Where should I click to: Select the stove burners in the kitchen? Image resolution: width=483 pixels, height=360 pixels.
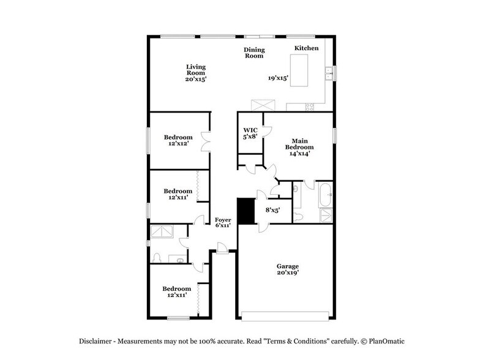click(x=310, y=107)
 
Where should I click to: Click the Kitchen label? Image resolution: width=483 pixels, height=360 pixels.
click(x=306, y=48)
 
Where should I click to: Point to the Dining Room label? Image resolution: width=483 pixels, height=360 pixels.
click(x=253, y=53)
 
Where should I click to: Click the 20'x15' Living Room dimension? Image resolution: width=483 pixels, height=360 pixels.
click(x=196, y=79)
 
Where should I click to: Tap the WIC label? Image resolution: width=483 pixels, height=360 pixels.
click(x=250, y=130)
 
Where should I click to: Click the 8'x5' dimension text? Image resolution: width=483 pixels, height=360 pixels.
click(x=272, y=210)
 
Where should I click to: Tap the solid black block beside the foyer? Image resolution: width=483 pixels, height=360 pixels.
click(x=246, y=211)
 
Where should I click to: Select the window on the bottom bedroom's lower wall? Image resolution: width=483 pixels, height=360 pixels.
click(x=178, y=317)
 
